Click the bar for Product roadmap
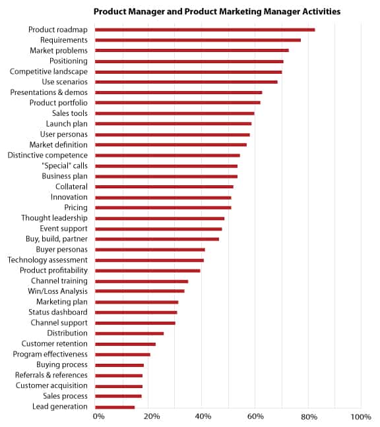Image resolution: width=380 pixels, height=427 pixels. click(205, 30)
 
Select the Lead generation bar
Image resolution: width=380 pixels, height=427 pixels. click(115, 407)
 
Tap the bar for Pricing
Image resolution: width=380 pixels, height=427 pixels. click(163, 208)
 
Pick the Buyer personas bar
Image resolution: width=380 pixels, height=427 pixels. click(150, 250)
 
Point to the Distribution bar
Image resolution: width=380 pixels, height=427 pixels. click(129, 333)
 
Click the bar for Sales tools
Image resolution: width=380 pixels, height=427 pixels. click(175, 113)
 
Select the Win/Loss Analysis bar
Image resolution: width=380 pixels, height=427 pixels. click(140, 291)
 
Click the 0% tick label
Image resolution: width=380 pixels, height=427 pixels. click(98, 416)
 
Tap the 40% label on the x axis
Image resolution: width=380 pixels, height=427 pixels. click(203, 416)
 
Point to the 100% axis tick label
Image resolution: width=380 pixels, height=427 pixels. click(361, 416)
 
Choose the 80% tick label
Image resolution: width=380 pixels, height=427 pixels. click(309, 416)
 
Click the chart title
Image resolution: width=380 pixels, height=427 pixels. click(217, 12)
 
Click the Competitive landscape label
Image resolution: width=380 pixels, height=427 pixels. click(49, 72)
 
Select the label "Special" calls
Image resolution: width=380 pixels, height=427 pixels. click(65, 165)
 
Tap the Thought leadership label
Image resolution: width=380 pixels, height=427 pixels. click(55, 218)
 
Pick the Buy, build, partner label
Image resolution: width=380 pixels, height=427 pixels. click(57, 239)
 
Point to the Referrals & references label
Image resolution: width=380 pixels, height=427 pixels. click(51, 375)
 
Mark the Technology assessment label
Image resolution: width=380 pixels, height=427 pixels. click(47, 260)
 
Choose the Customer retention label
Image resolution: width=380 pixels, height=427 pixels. click(55, 344)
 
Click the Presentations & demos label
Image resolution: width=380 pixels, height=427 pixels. click(49, 93)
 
